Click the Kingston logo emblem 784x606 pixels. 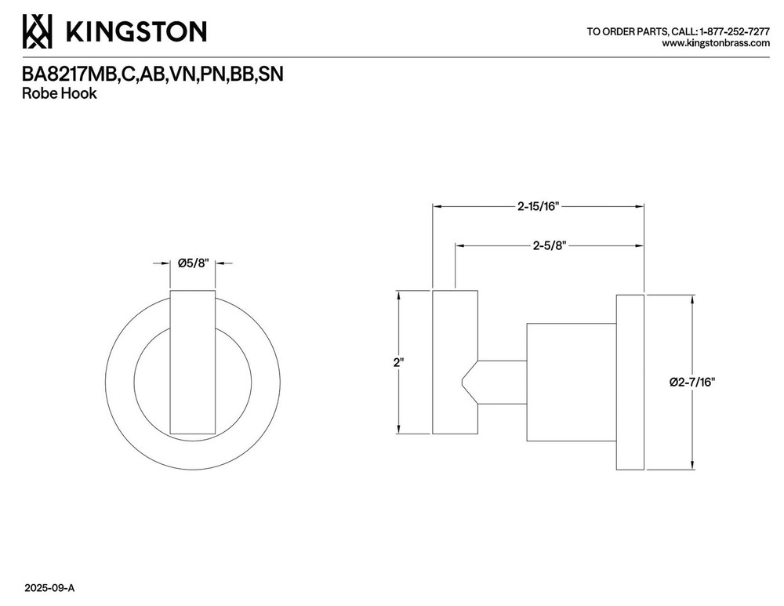point(37,31)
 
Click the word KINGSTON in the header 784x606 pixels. point(136,31)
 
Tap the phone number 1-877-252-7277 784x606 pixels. point(735,31)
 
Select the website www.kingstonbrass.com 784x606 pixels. point(716,43)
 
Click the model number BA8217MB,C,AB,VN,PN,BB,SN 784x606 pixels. point(153,74)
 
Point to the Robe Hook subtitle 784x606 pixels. point(59,93)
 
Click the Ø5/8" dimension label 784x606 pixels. point(193,263)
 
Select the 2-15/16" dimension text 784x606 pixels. point(538,206)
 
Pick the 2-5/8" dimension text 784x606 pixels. point(549,245)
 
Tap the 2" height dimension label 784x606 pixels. point(398,362)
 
